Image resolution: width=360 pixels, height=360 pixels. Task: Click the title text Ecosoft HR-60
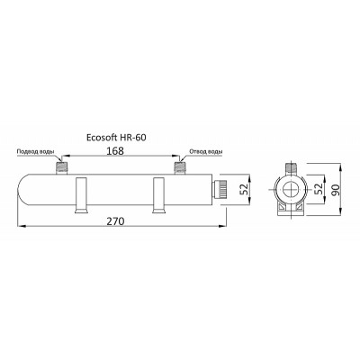click(116, 138)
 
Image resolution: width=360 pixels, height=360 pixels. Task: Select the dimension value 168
click(115, 151)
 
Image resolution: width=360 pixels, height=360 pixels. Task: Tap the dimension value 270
click(115, 221)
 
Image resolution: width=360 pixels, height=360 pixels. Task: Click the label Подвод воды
click(35, 151)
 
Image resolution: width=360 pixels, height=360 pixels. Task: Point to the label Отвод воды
click(206, 151)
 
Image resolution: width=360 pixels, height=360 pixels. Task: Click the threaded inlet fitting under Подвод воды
click(62, 167)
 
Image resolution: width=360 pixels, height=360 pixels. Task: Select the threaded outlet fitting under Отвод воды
click(180, 167)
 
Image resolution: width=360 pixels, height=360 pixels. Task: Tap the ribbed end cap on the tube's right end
click(220, 190)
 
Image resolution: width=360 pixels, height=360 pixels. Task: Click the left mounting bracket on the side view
click(81, 195)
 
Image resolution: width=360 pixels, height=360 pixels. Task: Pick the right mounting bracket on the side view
click(159, 195)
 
